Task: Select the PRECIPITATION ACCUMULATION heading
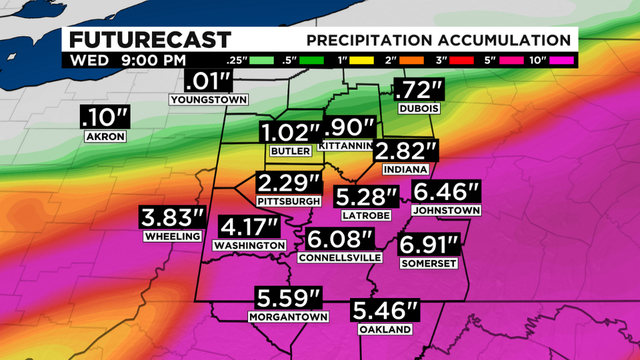(439, 40)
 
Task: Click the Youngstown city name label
(208, 100)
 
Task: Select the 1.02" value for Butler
(289, 132)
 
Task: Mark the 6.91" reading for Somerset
(429, 243)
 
